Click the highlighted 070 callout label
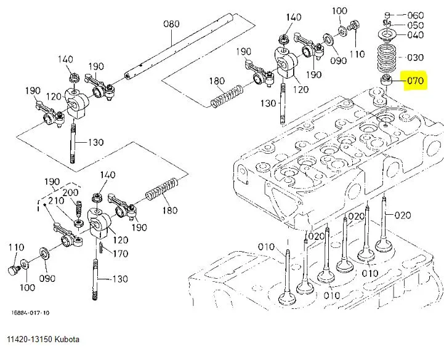click(x=416, y=81)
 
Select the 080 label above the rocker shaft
click(x=171, y=24)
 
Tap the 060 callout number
click(x=416, y=15)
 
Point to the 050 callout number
click(x=416, y=25)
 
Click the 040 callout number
click(x=416, y=35)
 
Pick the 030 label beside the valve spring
click(x=415, y=57)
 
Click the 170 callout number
click(x=121, y=254)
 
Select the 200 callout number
click(x=70, y=193)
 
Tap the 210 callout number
click(x=56, y=201)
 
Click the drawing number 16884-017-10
click(x=30, y=313)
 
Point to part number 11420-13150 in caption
click(x=30, y=339)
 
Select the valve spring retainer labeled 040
click(x=387, y=35)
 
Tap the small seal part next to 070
click(x=386, y=81)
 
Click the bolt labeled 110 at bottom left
click(x=14, y=270)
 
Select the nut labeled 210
click(x=79, y=223)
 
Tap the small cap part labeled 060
click(x=387, y=15)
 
